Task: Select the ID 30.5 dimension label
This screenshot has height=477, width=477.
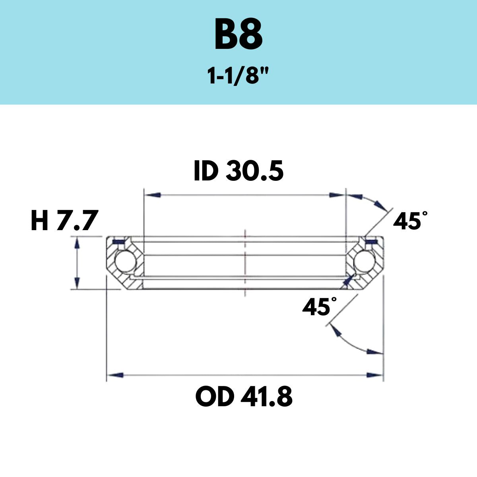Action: point(238,171)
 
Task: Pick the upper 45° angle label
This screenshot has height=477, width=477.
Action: point(410,220)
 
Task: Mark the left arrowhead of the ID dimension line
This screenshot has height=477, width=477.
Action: point(153,195)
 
